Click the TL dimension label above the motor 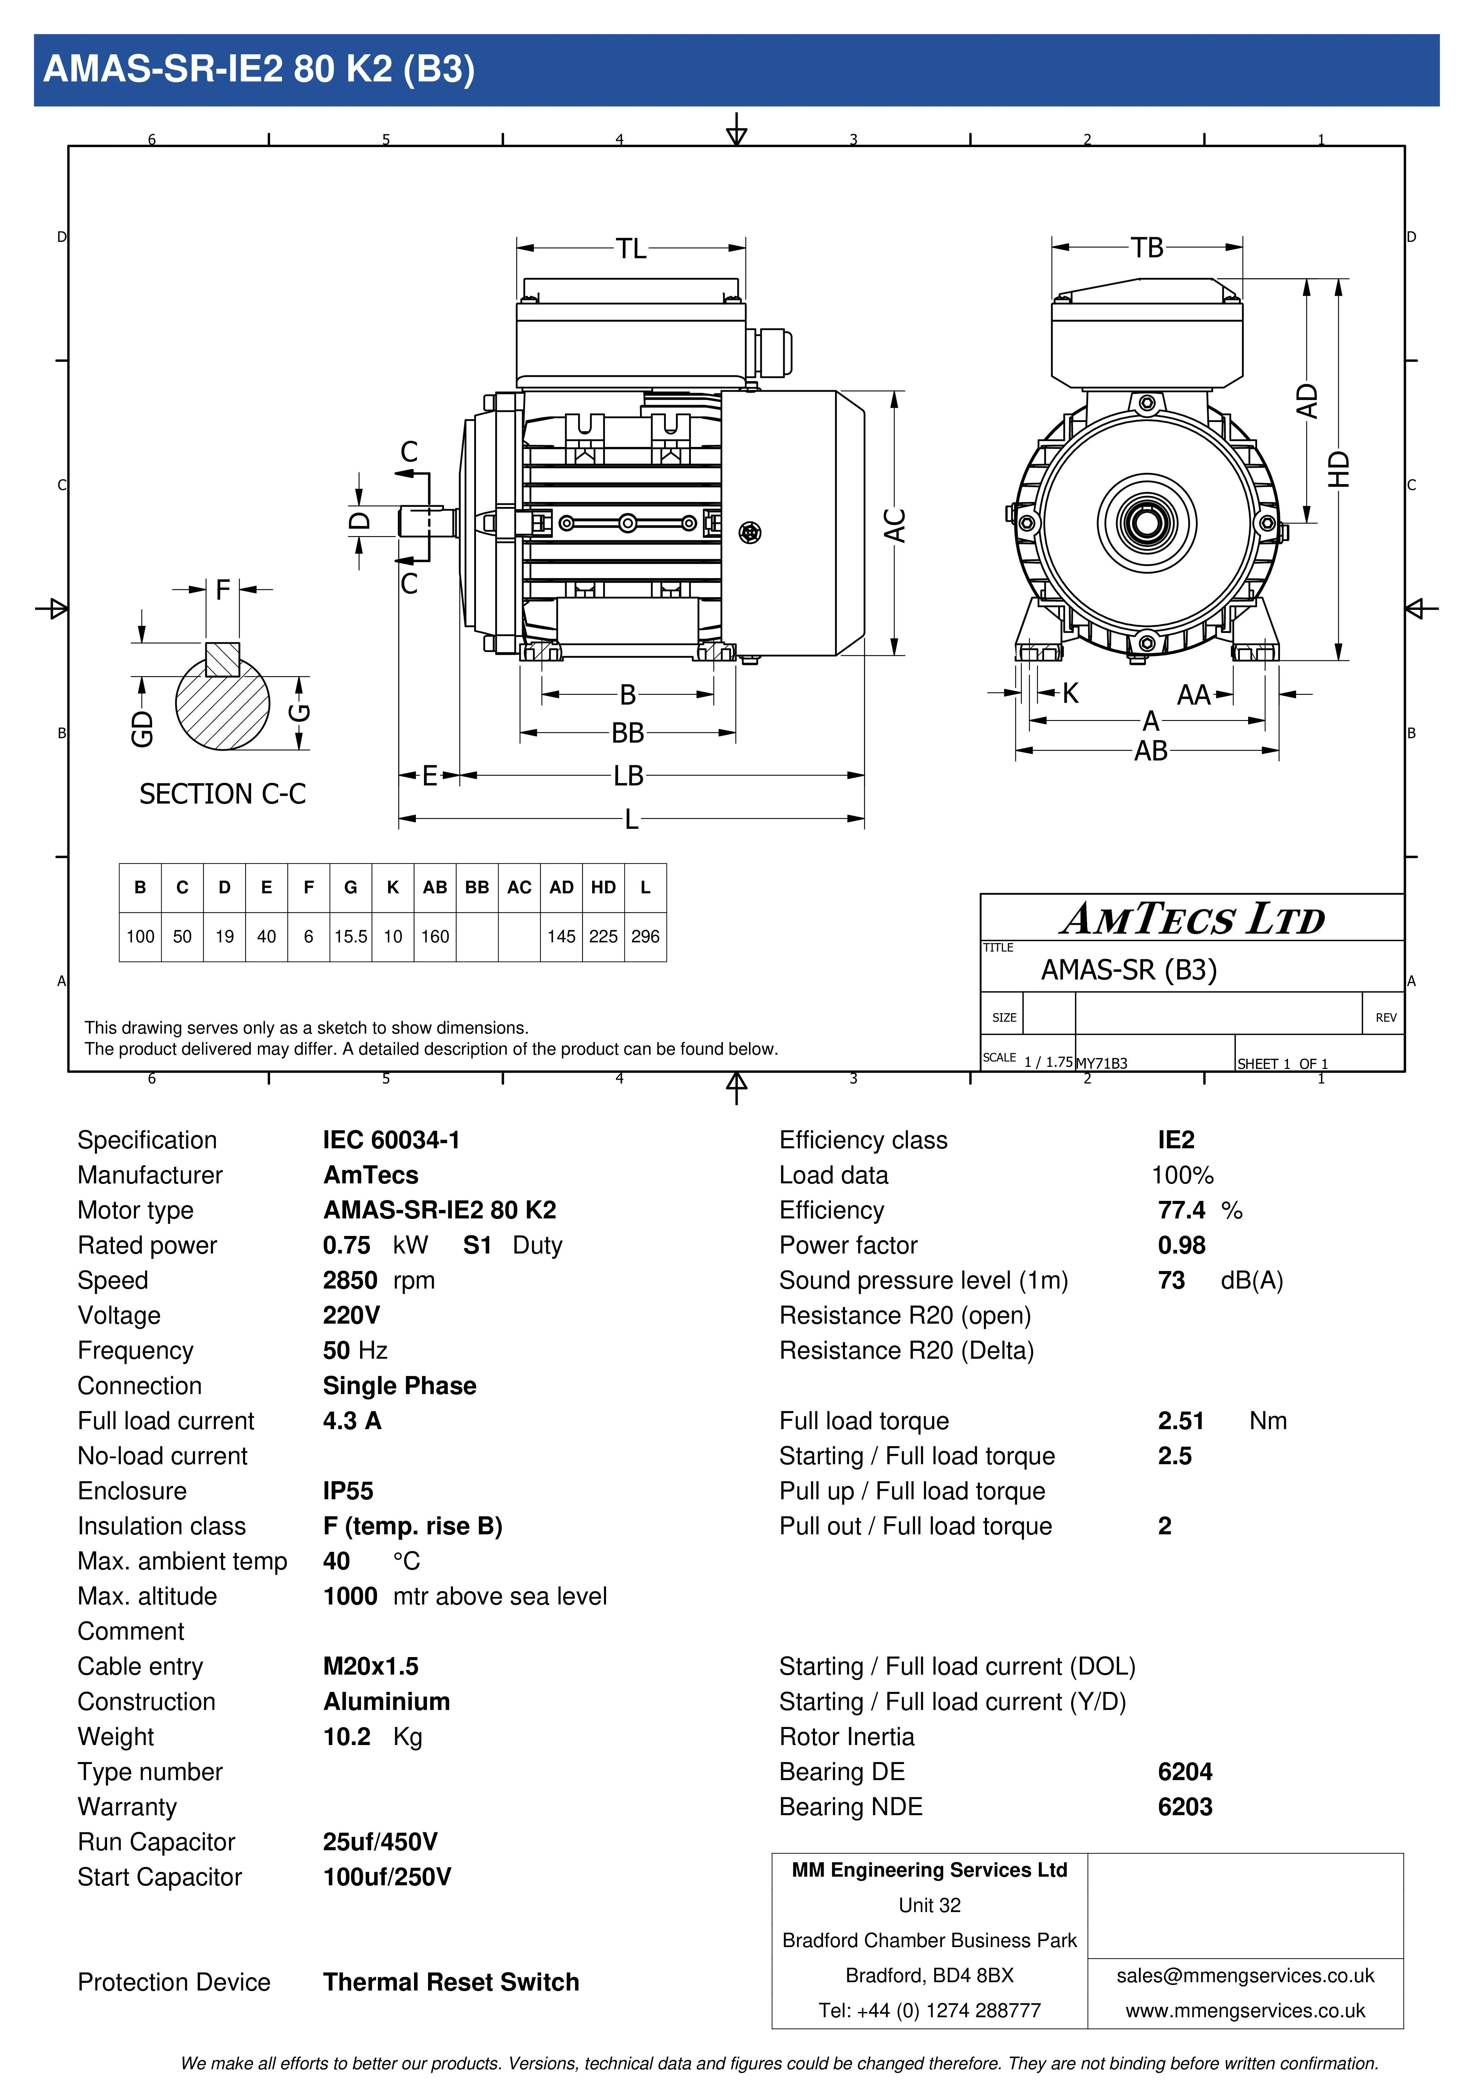631,248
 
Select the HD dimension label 1339,470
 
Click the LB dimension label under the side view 628,776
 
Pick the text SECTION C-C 223,794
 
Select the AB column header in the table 435,887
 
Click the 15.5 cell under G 351,936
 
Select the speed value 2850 350,1281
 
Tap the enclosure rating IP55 348,1491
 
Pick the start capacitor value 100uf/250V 387,1877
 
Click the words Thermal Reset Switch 451,1982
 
